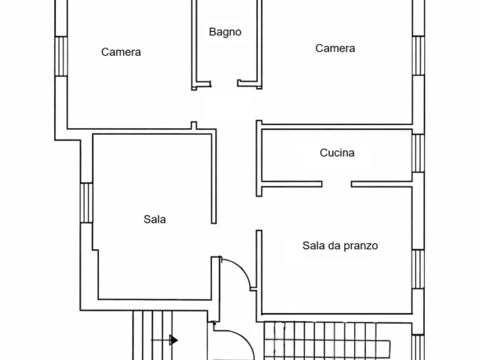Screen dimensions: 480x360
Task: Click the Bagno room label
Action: point(225,32)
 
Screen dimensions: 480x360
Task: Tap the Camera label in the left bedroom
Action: point(121,52)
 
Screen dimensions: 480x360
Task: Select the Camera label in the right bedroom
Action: point(335,48)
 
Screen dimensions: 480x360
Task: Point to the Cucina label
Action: point(337,153)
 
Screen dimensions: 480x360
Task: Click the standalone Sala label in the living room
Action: point(155,219)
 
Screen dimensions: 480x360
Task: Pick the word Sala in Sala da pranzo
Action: point(313,246)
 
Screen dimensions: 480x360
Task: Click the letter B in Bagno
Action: point(212,31)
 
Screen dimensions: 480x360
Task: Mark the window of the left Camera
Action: point(61,57)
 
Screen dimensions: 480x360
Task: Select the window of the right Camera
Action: point(418,56)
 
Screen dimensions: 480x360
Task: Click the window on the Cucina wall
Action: point(418,153)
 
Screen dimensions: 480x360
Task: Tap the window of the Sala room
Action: point(86,203)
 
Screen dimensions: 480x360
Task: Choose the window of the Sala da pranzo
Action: point(418,270)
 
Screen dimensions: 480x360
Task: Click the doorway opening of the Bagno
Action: point(224,84)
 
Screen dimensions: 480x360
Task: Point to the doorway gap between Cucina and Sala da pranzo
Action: point(337,184)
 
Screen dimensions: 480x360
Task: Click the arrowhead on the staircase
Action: point(174,340)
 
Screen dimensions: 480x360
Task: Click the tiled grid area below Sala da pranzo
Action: point(326,341)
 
